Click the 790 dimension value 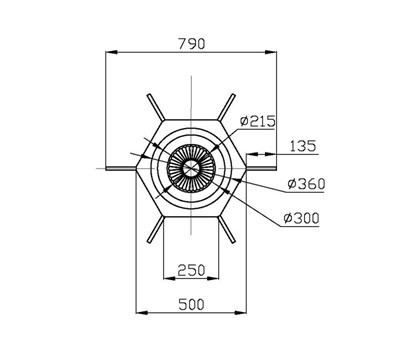point(192,44)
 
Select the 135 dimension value point(302,146)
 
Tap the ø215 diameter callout point(258,121)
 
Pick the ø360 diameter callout point(306,184)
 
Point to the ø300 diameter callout point(301,218)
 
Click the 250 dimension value point(191,270)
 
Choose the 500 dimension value point(191,305)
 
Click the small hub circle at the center point(191,168)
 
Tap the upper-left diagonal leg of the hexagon point(156,107)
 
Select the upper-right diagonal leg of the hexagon point(227,107)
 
